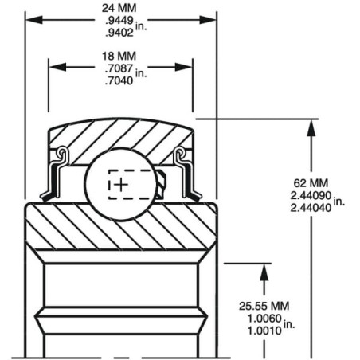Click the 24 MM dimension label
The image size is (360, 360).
tap(119, 8)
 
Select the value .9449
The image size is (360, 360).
tap(119, 21)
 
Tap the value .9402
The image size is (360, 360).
tap(119, 33)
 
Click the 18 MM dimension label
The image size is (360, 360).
tap(119, 56)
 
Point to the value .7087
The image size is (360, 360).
tap(119, 68)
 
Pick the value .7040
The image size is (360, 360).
tap(119, 80)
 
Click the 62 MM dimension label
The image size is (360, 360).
tap(311, 183)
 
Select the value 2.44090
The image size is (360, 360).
tap(311, 196)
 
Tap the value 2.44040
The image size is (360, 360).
tap(311, 208)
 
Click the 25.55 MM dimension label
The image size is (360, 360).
tap(264, 306)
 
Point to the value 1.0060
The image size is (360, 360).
tap(264, 319)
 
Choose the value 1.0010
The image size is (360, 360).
tap(264, 331)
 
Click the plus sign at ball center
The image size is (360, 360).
tap(121, 185)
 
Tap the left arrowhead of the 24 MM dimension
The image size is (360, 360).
tap(34, 20)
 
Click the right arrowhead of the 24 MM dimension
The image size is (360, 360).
tap(208, 20)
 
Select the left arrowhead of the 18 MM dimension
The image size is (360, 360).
tap(57, 67)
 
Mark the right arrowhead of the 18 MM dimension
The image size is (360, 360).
tap(184, 67)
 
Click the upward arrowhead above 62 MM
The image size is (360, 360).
tap(311, 128)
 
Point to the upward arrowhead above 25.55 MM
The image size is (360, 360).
tap(264, 272)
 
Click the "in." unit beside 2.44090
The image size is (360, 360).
tap(339, 202)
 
